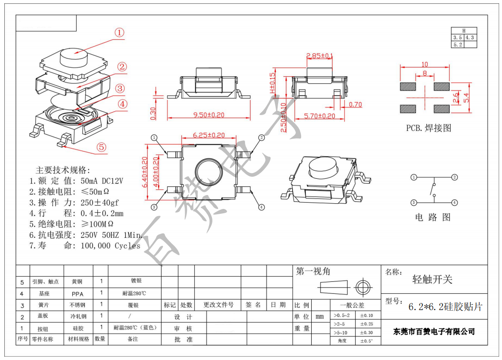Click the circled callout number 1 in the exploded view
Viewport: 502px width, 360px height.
[119, 33]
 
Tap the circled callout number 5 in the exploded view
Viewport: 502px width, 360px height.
[101, 147]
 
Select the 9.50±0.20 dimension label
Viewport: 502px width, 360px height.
[209, 115]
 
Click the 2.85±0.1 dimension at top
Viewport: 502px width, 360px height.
[320, 56]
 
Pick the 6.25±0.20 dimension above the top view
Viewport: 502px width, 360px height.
[209, 136]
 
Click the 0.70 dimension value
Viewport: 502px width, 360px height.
[355, 105]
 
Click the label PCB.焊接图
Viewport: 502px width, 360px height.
[429, 128]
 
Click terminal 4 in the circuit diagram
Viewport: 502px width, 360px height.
[454, 203]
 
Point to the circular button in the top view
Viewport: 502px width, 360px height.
[209, 171]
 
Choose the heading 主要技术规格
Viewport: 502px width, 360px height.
[63, 170]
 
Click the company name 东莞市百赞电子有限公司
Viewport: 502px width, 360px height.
[434, 332]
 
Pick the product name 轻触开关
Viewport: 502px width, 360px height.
[432, 279]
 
